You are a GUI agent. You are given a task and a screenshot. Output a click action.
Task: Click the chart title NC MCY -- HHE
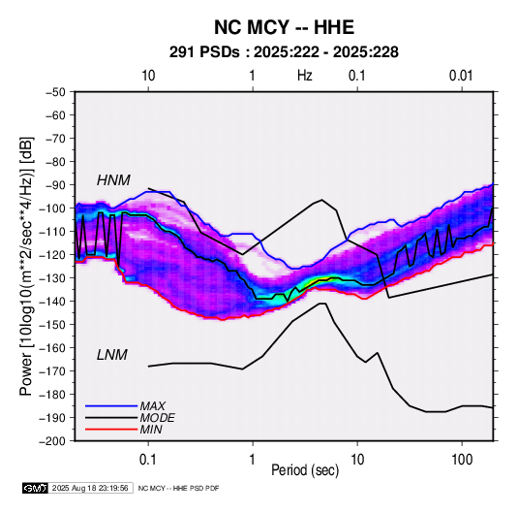284,27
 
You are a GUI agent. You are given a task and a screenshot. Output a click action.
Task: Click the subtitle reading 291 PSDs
204,52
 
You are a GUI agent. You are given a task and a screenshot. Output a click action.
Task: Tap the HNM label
113,180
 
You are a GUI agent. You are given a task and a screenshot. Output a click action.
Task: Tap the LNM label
112,355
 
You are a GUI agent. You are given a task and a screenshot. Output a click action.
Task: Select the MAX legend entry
153,405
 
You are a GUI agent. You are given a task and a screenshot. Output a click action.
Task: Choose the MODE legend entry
157,418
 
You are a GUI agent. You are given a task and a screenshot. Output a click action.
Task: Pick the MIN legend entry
151,430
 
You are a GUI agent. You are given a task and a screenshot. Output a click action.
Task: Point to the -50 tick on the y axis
55,92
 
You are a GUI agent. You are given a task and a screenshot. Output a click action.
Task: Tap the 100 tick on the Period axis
462,460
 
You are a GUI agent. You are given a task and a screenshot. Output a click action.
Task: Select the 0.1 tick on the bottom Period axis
148,460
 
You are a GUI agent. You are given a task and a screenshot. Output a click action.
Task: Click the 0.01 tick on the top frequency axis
461,76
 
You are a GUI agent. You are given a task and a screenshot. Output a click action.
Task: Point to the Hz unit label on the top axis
305,76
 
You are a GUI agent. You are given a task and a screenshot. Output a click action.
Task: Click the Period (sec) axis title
305,470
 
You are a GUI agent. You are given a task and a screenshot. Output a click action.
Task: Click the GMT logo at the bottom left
35,488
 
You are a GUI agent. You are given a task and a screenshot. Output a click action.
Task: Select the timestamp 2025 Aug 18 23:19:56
90,488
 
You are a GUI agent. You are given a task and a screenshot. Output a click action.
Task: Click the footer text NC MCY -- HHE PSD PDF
178,488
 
